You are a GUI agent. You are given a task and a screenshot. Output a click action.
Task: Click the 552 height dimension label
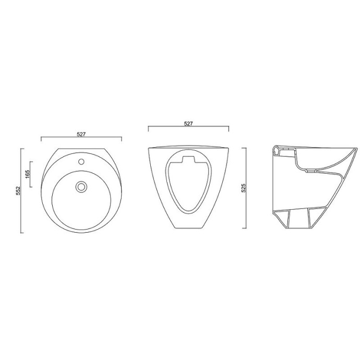[18, 191]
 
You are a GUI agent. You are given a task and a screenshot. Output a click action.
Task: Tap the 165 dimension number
[28, 174]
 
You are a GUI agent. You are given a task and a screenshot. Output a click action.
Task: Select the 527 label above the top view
[81, 134]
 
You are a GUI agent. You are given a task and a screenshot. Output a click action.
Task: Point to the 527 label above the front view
[188, 124]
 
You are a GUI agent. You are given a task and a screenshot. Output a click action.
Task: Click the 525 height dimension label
[244, 188]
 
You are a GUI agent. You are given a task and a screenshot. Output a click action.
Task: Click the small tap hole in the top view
[81, 162]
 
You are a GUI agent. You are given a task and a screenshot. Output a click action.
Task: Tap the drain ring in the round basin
[81, 187]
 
